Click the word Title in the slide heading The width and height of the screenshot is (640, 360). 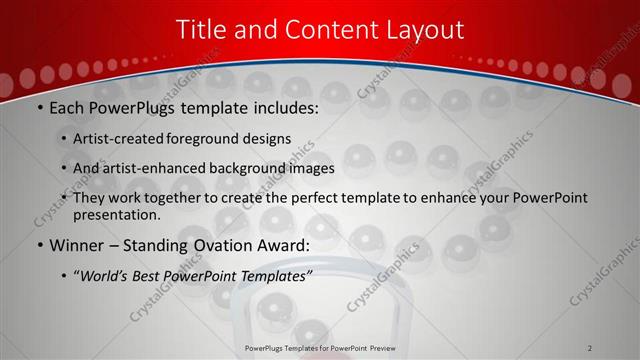pyautogui.click(x=201, y=30)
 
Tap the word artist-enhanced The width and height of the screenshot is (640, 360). pyautogui.click(x=149, y=168)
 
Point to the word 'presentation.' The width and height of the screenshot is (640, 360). pyautogui.click(x=117, y=215)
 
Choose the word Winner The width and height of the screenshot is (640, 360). pyautogui.click(x=76, y=244)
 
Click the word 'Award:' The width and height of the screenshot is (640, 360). pyautogui.click(x=286, y=244)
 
